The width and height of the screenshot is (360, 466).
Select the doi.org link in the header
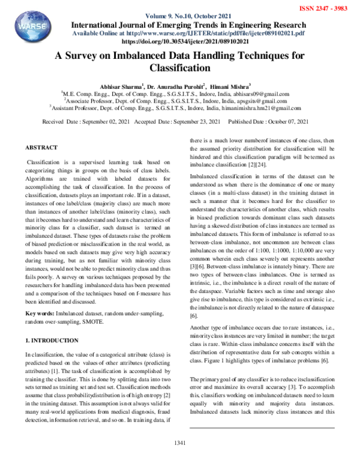tap(179, 43)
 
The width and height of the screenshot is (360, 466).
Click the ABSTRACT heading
tap(41, 147)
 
